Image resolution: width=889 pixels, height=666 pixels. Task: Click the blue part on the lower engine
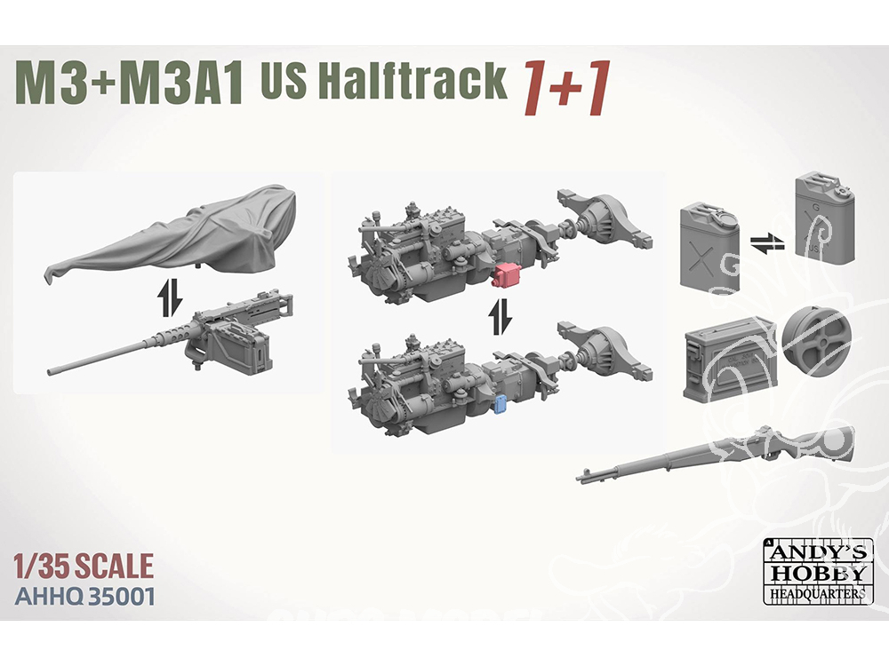(x=501, y=406)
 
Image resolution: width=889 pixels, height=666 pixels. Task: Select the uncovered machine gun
(x=170, y=334)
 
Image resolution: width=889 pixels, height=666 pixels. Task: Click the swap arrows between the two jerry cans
(x=767, y=245)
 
